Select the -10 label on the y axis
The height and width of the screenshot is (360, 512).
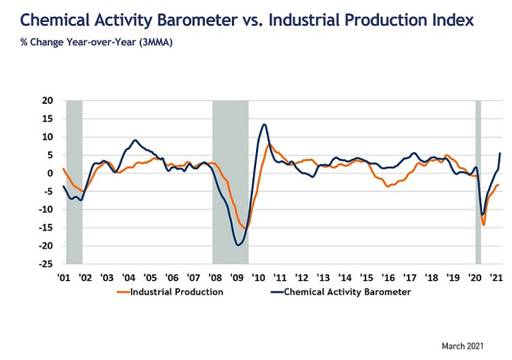pyautogui.click(x=48, y=209)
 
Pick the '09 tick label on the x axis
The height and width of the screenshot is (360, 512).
pyautogui.click(x=237, y=278)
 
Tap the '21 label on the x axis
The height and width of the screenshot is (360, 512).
pyautogui.click(x=498, y=278)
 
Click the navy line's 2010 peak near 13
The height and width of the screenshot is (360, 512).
pyautogui.click(x=264, y=124)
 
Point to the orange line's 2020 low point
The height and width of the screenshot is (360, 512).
pyautogui.click(x=483, y=224)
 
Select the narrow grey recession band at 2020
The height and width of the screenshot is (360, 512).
pyautogui.click(x=477, y=181)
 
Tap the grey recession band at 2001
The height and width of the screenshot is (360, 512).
pyautogui.click(x=74, y=181)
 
